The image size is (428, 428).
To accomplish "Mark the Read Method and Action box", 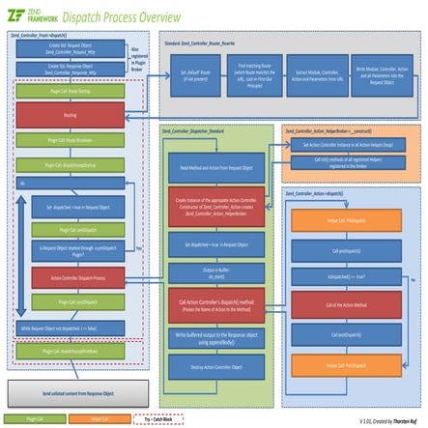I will tap(215, 167).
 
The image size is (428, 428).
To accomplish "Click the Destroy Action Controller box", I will tap(215, 368).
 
